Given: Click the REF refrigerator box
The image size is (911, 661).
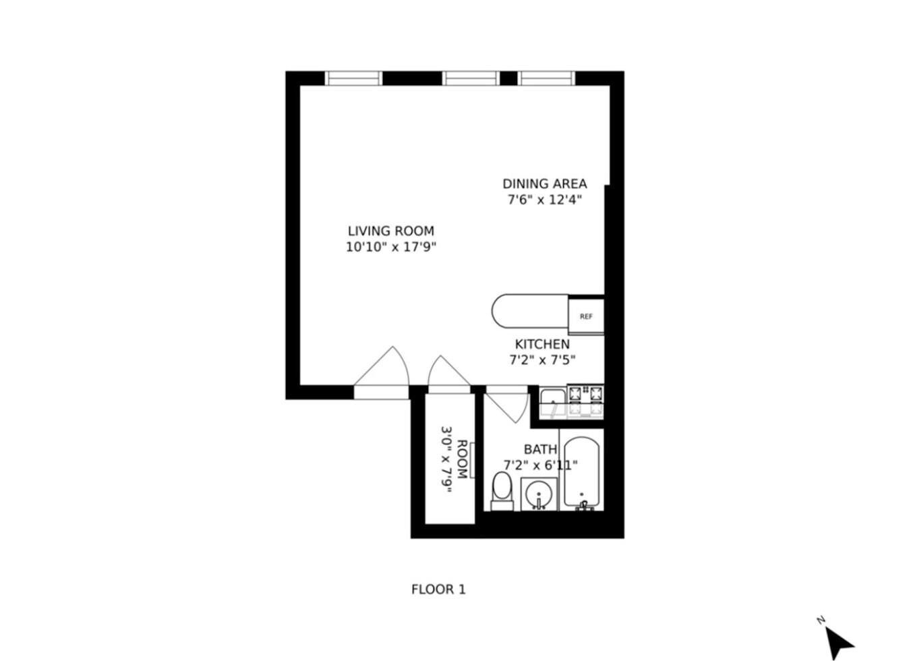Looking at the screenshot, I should [586, 316].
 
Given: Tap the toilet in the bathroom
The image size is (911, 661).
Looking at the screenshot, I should [502, 490].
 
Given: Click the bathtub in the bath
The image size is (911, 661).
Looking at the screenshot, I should [581, 472].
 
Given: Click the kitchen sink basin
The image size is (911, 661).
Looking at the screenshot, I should [553, 403].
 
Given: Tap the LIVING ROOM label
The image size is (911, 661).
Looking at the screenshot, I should [391, 231].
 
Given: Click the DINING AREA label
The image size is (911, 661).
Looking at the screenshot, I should [544, 183].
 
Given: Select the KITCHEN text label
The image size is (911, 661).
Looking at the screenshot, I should [542, 344].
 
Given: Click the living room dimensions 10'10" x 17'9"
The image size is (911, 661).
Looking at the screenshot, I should [391, 247].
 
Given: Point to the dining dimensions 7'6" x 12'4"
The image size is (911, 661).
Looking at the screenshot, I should [544, 200].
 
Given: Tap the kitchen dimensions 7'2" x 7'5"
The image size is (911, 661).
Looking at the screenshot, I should [542, 360].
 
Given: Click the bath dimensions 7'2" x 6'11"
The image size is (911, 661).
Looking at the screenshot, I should [540, 465].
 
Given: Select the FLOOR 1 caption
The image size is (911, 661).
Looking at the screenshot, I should [438, 590].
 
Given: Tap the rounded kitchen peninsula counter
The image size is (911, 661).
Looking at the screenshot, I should [529, 311].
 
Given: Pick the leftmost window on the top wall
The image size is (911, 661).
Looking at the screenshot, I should [354, 78].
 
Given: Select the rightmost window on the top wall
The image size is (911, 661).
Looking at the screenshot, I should [547, 78].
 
